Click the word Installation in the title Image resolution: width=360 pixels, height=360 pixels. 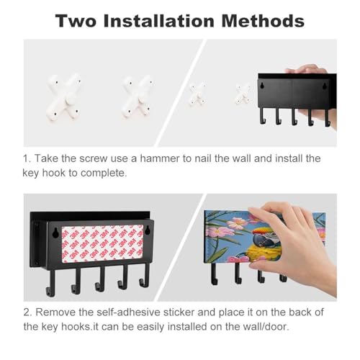tap(158, 21)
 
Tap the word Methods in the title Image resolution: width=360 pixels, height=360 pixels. tap(263, 21)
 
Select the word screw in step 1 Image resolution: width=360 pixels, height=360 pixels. tap(94, 158)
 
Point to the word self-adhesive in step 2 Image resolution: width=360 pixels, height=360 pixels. tap(128, 312)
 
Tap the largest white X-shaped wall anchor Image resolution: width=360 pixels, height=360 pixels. tap(64, 96)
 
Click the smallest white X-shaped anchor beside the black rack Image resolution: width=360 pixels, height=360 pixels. tap(243, 94)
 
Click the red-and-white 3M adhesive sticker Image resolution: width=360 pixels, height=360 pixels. tap(102, 243)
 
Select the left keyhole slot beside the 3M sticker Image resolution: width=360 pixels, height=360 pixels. tap(55, 233)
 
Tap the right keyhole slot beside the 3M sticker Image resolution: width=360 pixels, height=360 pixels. tap(148, 230)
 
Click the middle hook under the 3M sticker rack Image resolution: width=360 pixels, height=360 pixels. tap(101, 279)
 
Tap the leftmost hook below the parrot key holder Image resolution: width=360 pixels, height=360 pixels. tap(214, 274)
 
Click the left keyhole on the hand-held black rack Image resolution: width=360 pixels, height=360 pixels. tap(263, 85)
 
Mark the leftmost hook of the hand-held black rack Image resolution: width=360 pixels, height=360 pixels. tap(262, 116)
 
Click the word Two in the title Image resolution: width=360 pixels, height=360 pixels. tap(76, 21)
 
